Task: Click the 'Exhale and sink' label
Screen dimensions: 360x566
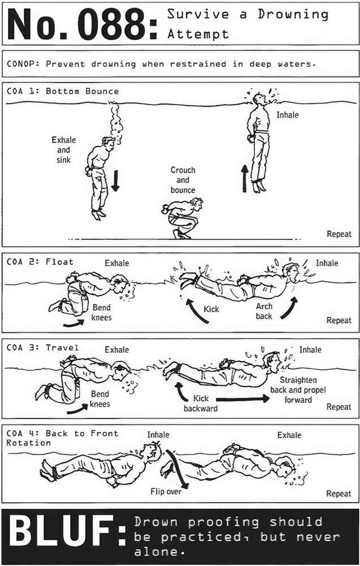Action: coord(63,150)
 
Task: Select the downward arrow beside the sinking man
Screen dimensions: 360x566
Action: coord(115,181)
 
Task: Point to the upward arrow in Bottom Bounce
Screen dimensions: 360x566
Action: coord(245,179)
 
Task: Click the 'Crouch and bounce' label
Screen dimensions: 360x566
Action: coord(183,180)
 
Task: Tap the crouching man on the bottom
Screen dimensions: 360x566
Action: coord(182,218)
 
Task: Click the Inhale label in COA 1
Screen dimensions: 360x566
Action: coord(288,115)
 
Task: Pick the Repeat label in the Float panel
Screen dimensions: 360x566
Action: coord(338,320)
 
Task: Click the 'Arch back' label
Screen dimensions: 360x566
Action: coord(264,311)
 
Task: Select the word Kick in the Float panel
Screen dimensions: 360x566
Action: coord(211,309)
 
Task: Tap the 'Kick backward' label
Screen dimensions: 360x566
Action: coord(200,403)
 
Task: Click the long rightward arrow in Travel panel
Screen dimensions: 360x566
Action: coord(243,398)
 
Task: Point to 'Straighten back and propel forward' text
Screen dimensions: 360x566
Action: coord(298,390)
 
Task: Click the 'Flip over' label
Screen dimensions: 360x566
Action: coord(166,491)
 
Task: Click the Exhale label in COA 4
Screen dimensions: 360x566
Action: coord(289,435)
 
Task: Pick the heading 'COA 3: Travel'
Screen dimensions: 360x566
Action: coord(42,348)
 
